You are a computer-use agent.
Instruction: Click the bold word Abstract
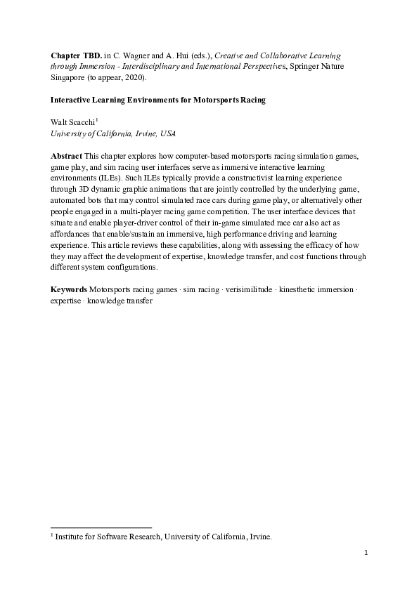(x=67, y=154)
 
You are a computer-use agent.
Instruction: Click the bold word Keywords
(x=69, y=289)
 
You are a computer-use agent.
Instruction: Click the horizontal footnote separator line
(x=102, y=527)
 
